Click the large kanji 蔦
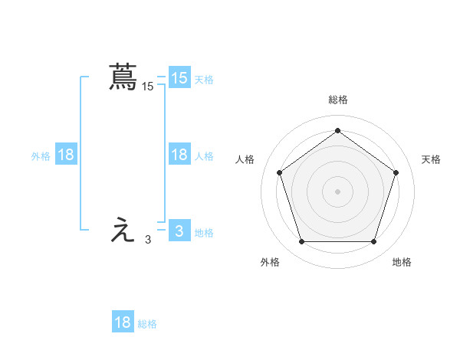click(123, 77)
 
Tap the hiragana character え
click(123, 231)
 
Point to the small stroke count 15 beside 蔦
click(148, 87)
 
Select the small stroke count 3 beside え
click(148, 240)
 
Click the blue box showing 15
click(179, 78)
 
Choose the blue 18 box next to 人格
click(179, 155)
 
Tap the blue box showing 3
click(179, 231)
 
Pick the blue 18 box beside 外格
click(66, 155)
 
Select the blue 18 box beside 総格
click(123, 322)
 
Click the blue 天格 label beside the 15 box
click(204, 79)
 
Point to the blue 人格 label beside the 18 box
click(204, 155)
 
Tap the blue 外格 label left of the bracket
click(41, 155)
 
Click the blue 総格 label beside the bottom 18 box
click(147, 323)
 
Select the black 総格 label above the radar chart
click(337, 100)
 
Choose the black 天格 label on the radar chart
click(431, 159)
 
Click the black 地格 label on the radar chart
click(402, 262)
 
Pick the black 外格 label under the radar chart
click(270, 262)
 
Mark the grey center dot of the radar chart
click(337, 191)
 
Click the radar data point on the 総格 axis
click(337, 130)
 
